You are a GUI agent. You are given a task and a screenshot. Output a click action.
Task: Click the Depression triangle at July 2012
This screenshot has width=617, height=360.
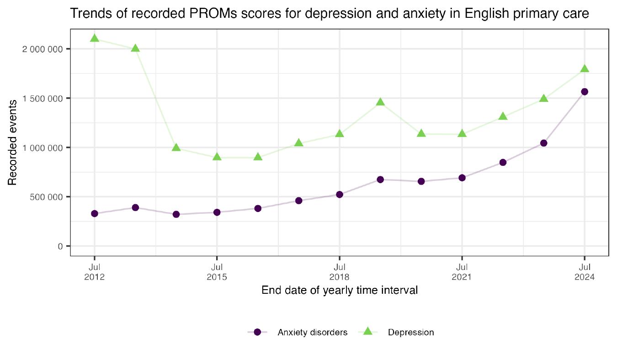[95, 38]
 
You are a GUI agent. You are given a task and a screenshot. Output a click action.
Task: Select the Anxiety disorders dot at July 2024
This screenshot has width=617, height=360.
[584, 92]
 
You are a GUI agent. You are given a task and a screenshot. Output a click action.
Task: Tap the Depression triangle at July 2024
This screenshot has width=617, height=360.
[584, 69]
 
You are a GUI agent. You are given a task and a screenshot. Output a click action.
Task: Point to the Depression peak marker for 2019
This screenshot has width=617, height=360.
[380, 102]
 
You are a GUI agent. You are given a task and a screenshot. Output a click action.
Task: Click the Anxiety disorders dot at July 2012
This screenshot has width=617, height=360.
[95, 213]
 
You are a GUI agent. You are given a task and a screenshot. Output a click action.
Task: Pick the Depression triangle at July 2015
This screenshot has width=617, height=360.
[217, 157]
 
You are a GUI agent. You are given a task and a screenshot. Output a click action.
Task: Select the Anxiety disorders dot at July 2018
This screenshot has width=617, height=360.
[340, 195]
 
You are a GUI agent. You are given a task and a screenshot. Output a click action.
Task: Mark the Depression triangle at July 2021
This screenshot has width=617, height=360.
[462, 134]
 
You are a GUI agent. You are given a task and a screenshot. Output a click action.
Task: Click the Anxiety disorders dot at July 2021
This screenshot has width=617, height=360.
[462, 178]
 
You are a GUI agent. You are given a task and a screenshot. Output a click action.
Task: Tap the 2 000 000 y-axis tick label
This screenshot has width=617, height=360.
[43, 49]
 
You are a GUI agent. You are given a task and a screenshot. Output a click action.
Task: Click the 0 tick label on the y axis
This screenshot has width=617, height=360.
[60, 247]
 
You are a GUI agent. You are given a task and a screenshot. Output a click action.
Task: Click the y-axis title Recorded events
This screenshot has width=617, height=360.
[13, 143]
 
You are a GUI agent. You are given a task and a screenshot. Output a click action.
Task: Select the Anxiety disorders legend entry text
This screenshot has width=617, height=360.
[312, 333]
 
